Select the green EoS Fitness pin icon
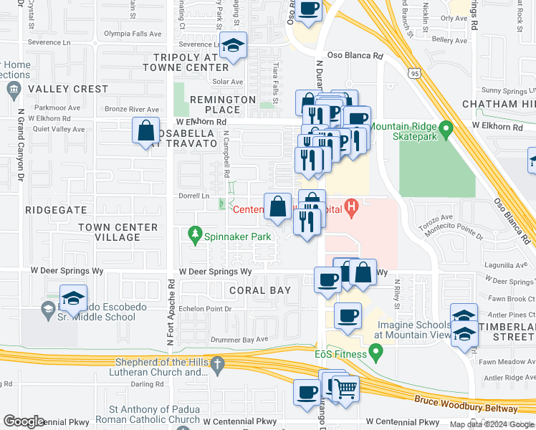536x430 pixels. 373,353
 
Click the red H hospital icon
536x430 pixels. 351,209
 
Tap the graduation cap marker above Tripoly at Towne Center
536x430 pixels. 233,47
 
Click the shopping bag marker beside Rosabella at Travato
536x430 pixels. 146,131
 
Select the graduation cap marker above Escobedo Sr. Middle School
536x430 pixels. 73,298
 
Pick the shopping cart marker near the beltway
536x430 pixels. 346,389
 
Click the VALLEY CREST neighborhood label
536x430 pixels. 67,90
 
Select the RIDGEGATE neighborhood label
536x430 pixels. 56,211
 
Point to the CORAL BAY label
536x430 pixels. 260,290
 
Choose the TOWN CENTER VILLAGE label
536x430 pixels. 118,232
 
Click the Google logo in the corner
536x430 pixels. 24,421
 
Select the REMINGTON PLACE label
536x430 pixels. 222,105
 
